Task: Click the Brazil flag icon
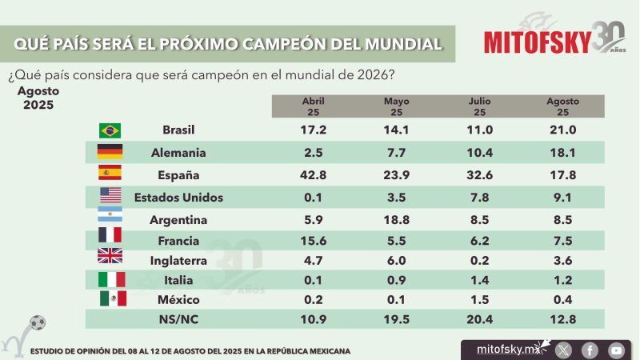coord(110,130)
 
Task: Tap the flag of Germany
coord(110,152)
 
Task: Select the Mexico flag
coord(113,298)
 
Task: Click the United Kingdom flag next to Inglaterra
coord(110,256)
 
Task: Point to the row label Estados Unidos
coord(178,197)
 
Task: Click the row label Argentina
coord(178,219)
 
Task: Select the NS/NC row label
coord(178,318)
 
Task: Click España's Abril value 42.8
coord(314,174)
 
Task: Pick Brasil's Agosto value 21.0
coord(562,130)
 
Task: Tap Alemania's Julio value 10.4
coord(478,152)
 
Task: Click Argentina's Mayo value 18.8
coord(397,219)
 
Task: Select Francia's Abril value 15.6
coord(314,241)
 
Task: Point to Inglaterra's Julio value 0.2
coord(478,260)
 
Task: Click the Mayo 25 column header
coord(397,106)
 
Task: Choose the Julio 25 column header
coord(478,106)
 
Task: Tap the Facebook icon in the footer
coord(590,350)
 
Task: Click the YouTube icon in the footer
coord(615,350)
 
